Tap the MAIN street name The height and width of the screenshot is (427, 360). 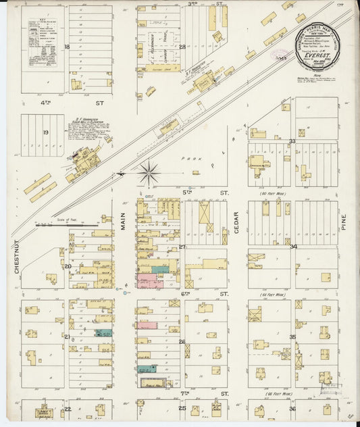point(124,218)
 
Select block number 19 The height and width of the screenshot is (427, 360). point(46,132)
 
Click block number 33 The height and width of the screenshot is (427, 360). point(292,141)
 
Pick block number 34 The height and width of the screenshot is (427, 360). point(293,247)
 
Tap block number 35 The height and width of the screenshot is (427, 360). point(292,336)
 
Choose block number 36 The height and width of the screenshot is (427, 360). point(292,409)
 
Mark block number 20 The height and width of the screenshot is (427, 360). point(68,266)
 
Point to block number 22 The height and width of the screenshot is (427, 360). point(68,409)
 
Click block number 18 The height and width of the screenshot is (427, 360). point(67,47)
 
